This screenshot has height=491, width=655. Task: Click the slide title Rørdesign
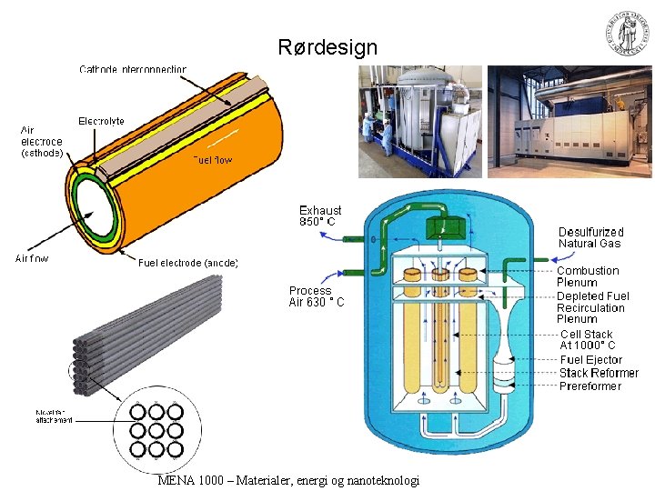click(327, 48)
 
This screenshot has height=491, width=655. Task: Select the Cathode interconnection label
click(133, 69)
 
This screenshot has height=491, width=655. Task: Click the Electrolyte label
click(101, 121)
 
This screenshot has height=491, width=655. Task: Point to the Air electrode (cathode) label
click(42, 142)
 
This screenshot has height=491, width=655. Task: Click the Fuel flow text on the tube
click(212, 160)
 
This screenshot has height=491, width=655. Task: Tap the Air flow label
click(32, 258)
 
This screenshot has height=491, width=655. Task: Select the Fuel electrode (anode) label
click(188, 263)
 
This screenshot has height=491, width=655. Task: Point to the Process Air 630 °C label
click(317, 296)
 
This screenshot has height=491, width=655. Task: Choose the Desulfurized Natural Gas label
click(590, 237)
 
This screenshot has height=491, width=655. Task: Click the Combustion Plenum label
click(588, 276)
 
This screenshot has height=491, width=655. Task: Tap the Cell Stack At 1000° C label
click(587, 340)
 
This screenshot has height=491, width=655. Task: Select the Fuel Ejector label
click(591, 360)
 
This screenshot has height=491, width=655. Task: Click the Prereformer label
click(590, 386)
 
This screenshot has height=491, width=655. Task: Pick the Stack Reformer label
click(599, 373)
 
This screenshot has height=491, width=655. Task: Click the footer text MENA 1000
click(287, 480)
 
